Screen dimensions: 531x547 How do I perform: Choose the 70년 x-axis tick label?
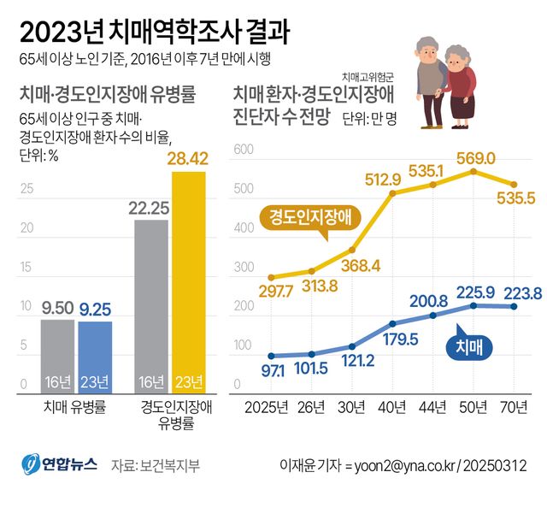513,408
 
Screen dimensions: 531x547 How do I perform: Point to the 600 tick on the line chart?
243,150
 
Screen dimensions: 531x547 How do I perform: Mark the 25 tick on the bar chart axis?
26,189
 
